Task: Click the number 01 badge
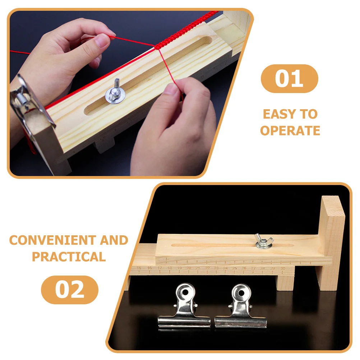pyautogui.click(x=289, y=79)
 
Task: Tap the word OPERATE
pyautogui.click(x=290, y=131)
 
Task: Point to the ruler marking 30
pyautogui.click(x=283, y=268)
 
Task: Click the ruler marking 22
pyautogui.click(x=207, y=268)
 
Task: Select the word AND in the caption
pyautogui.click(x=114, y=240)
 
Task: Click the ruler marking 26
pyautogui.click(x=244, y=268)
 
